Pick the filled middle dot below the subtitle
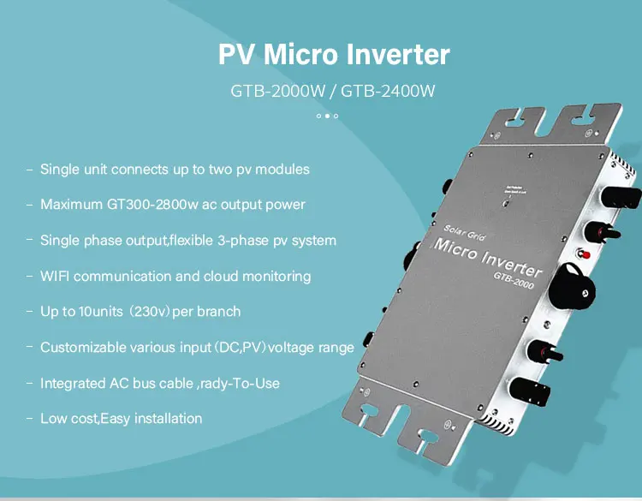327,116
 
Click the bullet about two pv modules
175,169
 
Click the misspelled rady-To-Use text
239,383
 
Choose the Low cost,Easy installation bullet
121,419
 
